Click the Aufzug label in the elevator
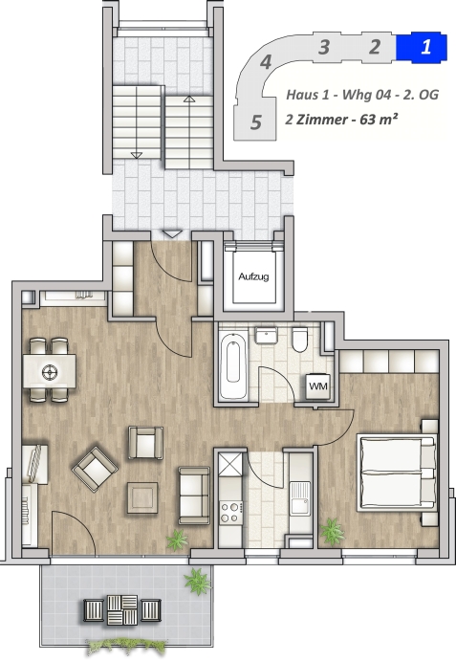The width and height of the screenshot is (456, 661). point(253,277)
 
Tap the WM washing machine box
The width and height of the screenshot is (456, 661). point(318,386)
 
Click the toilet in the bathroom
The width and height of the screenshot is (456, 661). point(299,340)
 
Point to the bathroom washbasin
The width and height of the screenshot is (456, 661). point(266,337)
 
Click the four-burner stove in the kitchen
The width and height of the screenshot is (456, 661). point(231,512)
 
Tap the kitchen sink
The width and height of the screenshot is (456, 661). point(300,499)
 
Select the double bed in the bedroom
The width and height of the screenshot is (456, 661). point(397,474)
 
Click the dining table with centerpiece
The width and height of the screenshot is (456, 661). point(50,371)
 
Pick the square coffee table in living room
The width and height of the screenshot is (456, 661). point(142,497)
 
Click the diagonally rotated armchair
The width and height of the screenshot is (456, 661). point(95,469)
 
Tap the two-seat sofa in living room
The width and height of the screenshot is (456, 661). point(194,495)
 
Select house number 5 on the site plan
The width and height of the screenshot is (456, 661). point(256,122)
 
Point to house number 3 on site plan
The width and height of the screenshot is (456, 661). point(324,47)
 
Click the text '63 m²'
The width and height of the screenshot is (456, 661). point(379,120)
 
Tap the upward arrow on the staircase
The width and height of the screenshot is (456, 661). point(189,99)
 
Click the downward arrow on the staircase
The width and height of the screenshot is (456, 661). point(136,155)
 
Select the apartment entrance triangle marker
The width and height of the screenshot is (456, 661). point(172,234)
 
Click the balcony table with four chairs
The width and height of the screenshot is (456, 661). point(122,609)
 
